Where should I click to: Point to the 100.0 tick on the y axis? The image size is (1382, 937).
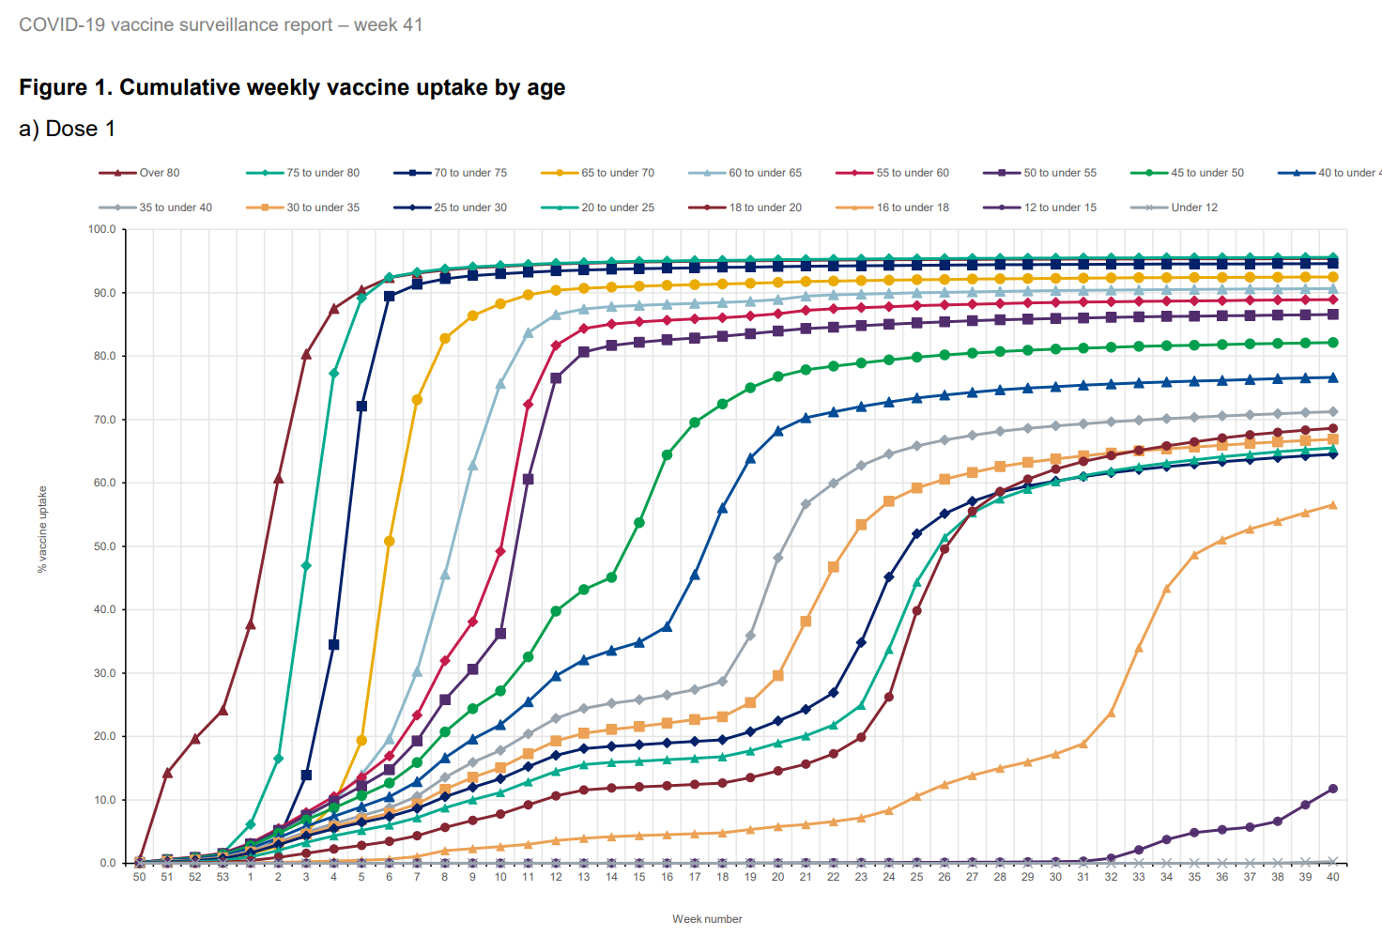point(101,229)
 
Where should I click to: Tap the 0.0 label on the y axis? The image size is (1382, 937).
point(108,863)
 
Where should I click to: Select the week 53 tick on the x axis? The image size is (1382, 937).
point(223,877)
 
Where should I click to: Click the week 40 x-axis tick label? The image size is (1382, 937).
point(1333,877)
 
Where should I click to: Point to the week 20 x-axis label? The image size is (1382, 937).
point(777,877)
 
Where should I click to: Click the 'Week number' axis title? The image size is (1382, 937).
point(707,919)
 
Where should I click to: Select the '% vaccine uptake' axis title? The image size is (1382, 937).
point(42,530)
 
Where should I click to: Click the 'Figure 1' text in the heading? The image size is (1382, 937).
point(66,87)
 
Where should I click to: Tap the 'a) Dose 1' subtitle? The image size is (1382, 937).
point(67,129)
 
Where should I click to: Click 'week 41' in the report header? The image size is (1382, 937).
point(388,25)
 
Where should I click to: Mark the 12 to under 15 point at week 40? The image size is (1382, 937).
point(1333,789)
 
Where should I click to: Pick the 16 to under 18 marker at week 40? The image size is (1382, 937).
point(1333,505)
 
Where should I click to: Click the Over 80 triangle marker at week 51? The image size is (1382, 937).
point(167,773)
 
